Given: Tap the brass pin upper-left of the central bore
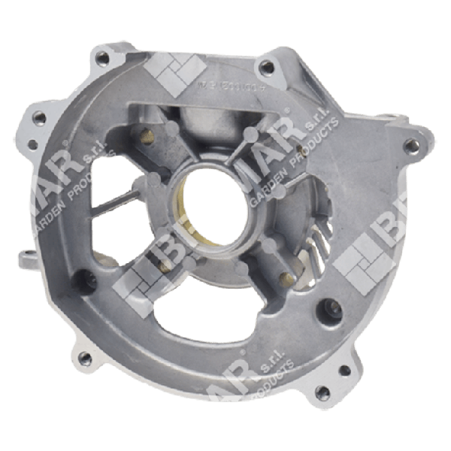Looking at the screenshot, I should coord(148,136).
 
